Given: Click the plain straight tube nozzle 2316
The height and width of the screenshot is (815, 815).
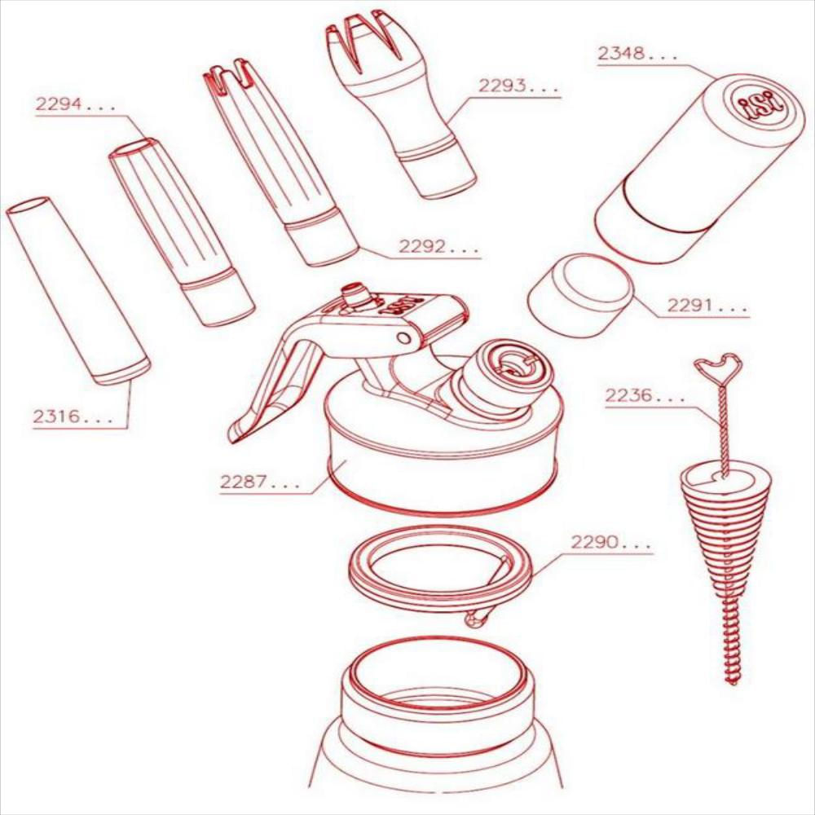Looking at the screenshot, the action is [78, 291].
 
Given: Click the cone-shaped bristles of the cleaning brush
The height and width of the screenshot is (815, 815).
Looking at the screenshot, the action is [722, 531].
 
